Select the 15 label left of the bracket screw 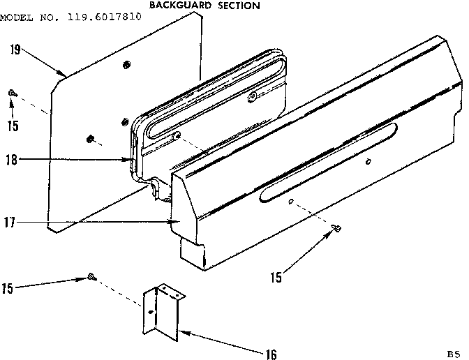click(8, 287)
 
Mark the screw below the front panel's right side click(336, 227)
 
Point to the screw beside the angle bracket click(91, 278)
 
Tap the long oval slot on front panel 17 click(328, 161)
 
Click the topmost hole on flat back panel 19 click(126, 65)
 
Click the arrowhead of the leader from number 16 click(180, 330)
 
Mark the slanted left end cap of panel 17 click(184, 209)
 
